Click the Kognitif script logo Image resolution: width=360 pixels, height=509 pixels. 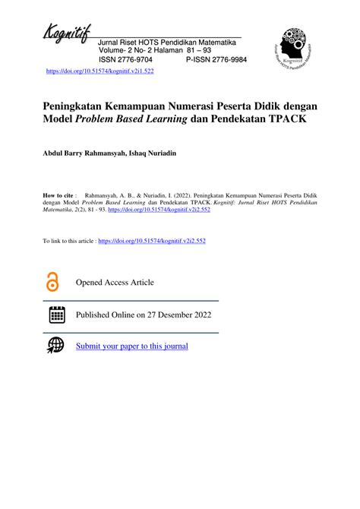(67, 34)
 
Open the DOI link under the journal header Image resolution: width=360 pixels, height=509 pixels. (100, 71)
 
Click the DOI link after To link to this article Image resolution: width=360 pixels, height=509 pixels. (152, 241)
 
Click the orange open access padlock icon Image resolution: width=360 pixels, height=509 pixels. (52, 283)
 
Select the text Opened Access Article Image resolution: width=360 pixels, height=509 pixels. (115, 283)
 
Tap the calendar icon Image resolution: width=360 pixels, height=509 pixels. (56, 315)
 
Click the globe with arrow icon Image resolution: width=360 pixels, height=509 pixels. (56, 346)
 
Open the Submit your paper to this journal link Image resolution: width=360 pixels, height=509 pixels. (131, 346)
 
